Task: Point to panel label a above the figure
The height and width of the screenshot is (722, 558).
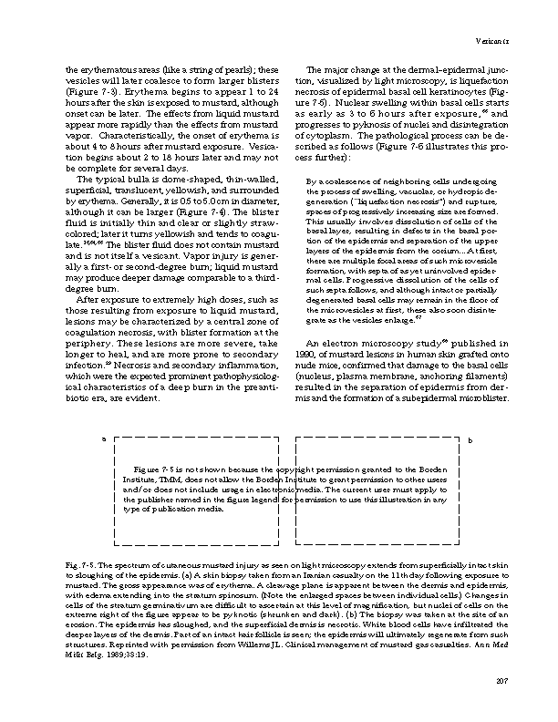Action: click(103, 440)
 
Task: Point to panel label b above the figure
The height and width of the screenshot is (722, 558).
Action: click(469, 440)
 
